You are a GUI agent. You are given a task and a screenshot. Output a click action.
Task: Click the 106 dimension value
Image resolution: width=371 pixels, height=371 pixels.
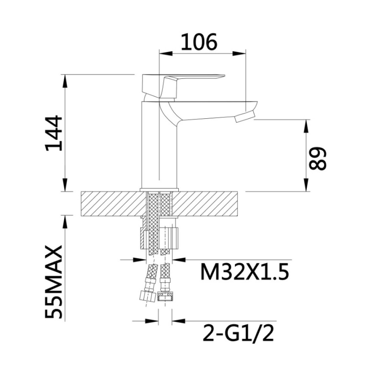[199, 42]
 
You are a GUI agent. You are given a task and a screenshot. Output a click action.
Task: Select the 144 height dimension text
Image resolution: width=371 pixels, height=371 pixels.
[53, 133]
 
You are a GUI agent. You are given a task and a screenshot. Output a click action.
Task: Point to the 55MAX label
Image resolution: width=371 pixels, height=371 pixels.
[53, 282]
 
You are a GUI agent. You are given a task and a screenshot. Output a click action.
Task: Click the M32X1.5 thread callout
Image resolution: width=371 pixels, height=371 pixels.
[244, 272]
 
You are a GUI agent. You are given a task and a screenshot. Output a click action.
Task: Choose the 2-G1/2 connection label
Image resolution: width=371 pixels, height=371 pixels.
[238, 333]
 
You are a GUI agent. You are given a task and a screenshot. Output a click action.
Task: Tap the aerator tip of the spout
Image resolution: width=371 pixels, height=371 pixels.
[245, 117]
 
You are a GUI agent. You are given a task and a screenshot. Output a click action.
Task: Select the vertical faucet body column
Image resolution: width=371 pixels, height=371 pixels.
[159, 145]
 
